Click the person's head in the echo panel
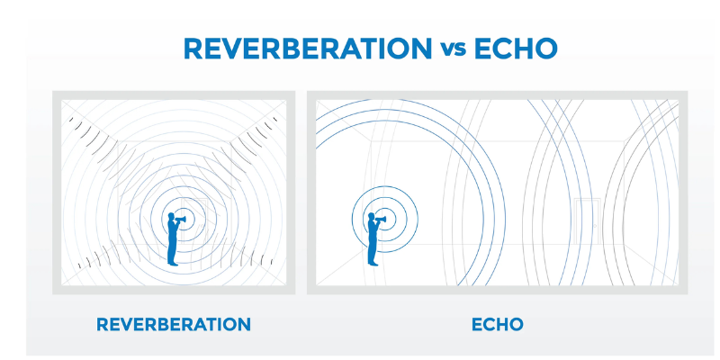371,217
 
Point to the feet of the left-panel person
173,264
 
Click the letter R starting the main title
192,47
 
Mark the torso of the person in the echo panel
371,234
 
